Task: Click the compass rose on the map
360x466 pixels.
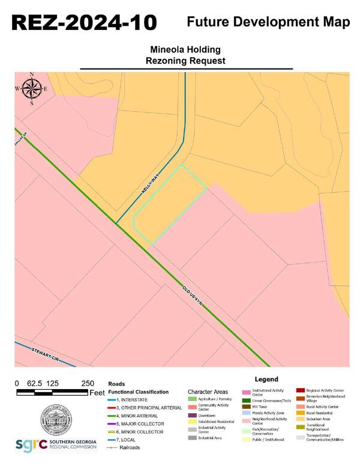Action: (31, 89)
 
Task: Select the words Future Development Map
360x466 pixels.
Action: (268, 22)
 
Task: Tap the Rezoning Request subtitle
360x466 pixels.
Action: (185, 61)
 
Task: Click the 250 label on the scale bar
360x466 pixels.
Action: (88, 383)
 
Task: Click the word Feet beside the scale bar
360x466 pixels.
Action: (97, 393)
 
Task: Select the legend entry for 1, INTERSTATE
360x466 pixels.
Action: (132, 399)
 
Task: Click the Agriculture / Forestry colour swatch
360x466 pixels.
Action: (192, 399)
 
